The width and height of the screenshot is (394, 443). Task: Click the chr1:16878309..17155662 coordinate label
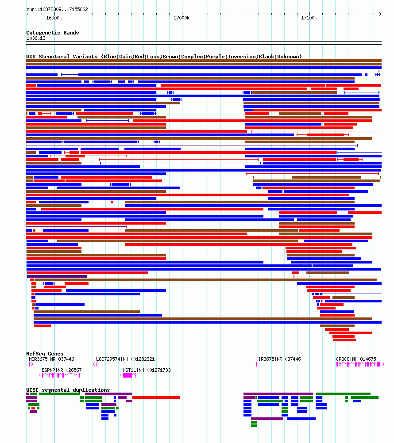[57, 9]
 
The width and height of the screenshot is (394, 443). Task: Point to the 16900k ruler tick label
[54, 18]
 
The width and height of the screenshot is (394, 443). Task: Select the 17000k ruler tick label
[182, 18]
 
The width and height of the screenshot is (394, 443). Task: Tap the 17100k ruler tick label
[309, 18]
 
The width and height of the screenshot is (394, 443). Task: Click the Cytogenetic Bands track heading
[53, 33]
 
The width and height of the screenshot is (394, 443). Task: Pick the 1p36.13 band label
[36, 38]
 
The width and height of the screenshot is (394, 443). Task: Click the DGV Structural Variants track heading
[164, 57]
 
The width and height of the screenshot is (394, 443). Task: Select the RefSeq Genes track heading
[45, 354]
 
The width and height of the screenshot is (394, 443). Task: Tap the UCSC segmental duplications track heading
[68, 390]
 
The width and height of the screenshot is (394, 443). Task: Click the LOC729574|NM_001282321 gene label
[125, 359]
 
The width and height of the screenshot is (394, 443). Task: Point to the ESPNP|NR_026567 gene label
[62, 370]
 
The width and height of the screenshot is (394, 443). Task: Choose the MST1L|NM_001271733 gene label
[147, 370]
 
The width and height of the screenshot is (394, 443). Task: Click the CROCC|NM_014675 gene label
[356, 359]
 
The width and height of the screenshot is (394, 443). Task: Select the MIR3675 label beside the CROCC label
[278, 359]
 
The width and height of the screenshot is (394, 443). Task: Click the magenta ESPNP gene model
[59, 375]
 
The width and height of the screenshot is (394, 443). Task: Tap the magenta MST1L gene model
[128, 375]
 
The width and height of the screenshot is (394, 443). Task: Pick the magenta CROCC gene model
[359, 364]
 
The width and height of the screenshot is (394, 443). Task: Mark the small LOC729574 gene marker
[95, 364]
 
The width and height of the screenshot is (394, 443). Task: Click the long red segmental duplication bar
[156, 397]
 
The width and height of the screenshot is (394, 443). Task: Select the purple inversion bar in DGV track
[57, 276]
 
